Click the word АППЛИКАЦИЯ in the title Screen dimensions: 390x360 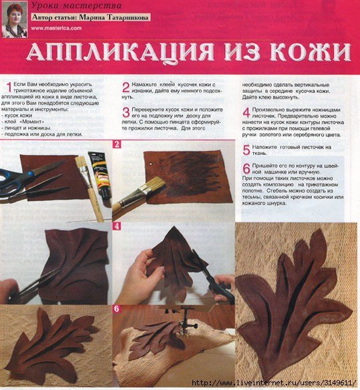[124, 52]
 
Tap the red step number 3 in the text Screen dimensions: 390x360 [125, 112]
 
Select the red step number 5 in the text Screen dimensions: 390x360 [246, 149]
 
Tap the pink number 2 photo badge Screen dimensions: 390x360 [116, 144]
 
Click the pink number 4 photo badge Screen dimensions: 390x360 [116, 226]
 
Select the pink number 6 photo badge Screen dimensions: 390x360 [116, 309]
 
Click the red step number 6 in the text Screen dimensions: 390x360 [246, 168]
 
